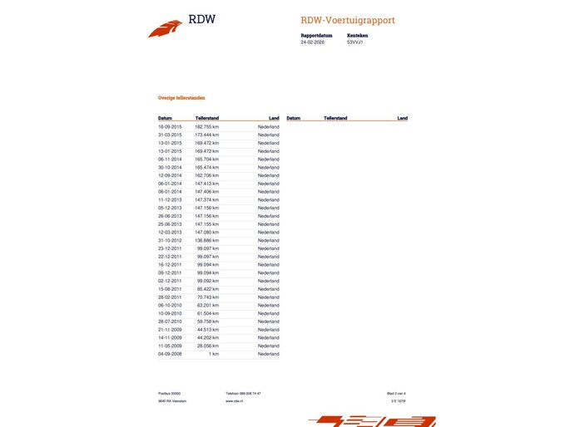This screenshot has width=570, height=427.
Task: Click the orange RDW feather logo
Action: (165, 28)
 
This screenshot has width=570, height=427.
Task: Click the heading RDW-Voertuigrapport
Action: (348, 20)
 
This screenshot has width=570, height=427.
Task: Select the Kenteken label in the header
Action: (358, 36)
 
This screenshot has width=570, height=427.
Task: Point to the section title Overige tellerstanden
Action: (181, 98)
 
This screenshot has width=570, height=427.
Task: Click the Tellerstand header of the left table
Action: (207, 119)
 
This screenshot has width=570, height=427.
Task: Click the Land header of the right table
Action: (402, 119)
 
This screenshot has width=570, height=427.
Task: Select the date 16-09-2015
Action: (170, 127)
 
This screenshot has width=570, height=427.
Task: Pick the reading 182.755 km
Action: (206, 127)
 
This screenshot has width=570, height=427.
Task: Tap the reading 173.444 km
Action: (206, 135)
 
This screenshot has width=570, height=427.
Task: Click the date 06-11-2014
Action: (170, 160)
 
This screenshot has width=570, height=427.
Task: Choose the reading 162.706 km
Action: (206, 176)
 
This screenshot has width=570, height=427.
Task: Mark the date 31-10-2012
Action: (170, 241)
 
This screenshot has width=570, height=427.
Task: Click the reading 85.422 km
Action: (208, 289)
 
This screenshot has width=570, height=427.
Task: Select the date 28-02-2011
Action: (170, 297)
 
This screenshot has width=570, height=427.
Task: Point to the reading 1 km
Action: (214, 354)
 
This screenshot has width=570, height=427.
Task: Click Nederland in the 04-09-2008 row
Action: (268, 354)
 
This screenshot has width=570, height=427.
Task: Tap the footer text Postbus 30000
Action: (170, 393)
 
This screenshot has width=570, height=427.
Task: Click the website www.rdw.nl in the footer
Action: (234, 400)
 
